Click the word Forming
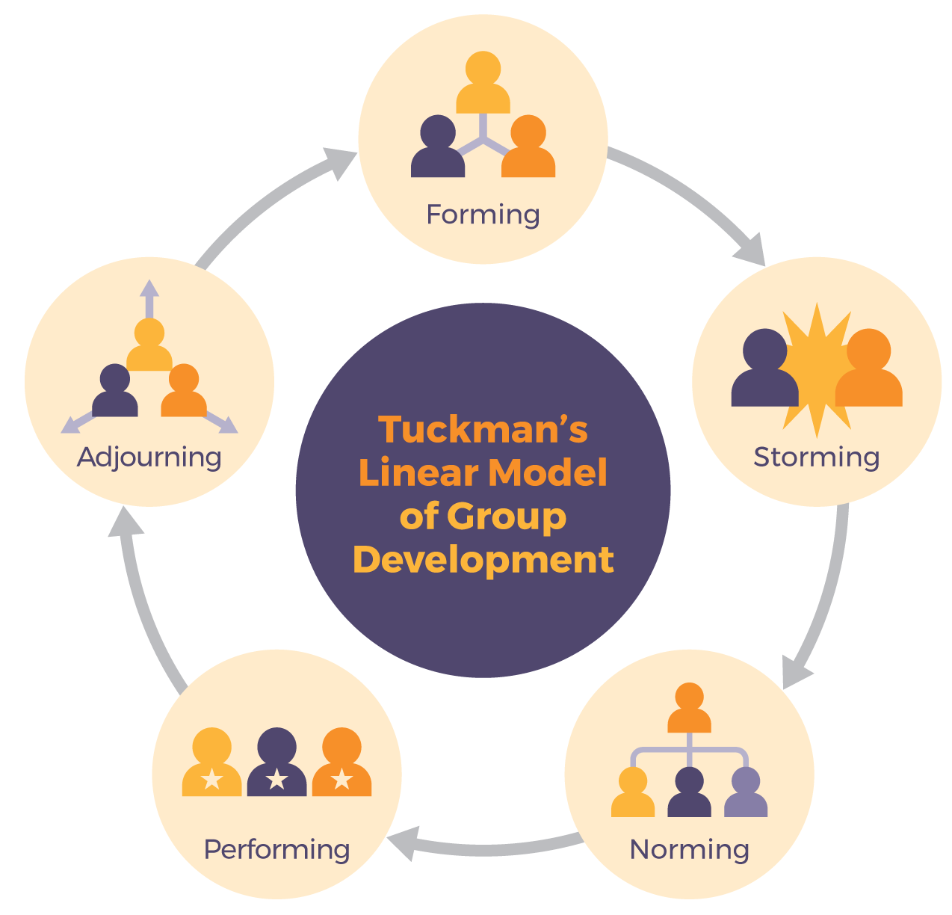pos(483,215)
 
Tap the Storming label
pos(816,457)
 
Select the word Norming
pos(689,849)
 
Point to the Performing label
pos(276,849)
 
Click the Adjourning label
pos(149,457)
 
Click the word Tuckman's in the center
pos(483,430)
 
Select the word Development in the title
pos(483,559)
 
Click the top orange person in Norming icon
pos(689,709)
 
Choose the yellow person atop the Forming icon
pos(483,82)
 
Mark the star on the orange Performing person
pos(341,780)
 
